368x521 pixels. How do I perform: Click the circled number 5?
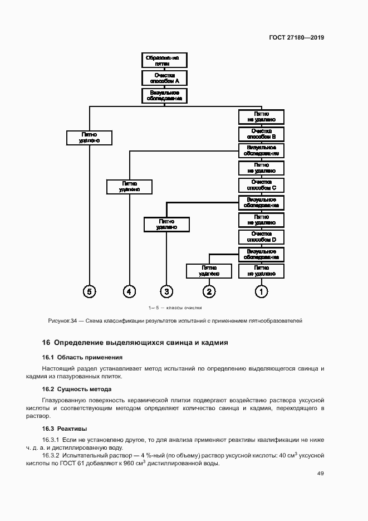pyautogui.click(x=89, y=291)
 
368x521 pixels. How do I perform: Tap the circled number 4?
pyautogui.click(x=129, y=291)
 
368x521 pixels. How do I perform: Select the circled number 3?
pyautogui.click(x=166, y=291)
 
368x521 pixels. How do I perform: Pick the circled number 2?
pyautogui.click(x=209, y=291)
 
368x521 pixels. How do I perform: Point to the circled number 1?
pyautogui.click(x=261, y=291)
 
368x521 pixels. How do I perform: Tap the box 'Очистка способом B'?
pyautogui.click(x=261, y=134)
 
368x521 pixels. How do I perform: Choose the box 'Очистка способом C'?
pyautogui.click(x=261, y=185)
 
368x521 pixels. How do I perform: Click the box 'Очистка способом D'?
pyautogui.click(x=261, y=237)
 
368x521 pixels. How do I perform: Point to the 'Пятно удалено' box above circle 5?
pyautogui.click(x=89, y=137)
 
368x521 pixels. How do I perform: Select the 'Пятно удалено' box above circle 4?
pyautogui.click(x=129, y=187)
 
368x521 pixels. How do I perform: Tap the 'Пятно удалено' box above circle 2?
pyautogui.click(x=209, y=271)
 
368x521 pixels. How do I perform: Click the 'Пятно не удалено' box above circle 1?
pyautogui.click(x=261, y=271)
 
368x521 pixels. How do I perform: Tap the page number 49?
pyautogui.click(x=320, y=474)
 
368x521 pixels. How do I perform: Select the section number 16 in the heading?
pyautogui.click(x=46, y=343)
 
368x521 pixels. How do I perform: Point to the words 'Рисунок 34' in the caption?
pyautogui.click(x=62, y=321)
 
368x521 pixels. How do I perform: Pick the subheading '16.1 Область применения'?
pyautogui.click(x=82, y=357)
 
